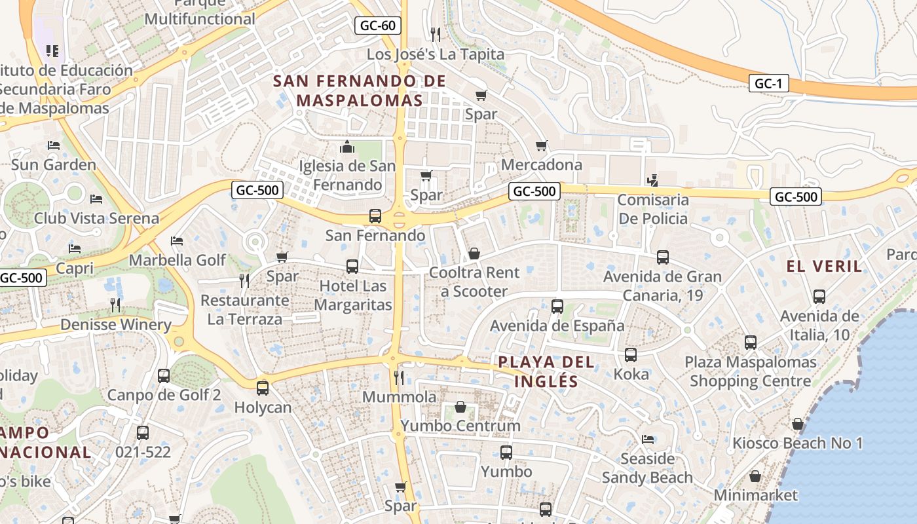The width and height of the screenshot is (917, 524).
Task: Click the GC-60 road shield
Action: click(x=378, y=26)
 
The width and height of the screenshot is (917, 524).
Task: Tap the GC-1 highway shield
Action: click(x=769, y=84)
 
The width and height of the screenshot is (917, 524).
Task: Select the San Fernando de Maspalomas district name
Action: click(x=359, y=91)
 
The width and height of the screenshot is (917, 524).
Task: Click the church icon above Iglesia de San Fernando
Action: click(x=347, y=147)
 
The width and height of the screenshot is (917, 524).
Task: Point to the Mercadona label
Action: click(x=541, y=164)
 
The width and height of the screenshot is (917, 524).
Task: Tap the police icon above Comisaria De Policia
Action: click(x=652, y=180)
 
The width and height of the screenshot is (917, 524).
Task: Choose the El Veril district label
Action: click(x=825, y=266)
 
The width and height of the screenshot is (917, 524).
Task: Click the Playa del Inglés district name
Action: click(x=546, y=371)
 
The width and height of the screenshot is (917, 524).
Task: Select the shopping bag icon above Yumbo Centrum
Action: click(x=460, y=407)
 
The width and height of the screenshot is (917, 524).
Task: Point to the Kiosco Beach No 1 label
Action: click(x=797, y=443)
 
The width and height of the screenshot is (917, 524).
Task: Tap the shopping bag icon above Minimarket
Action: click(x=755, y=476)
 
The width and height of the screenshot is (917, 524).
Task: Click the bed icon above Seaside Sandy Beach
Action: click(x=647, y=440)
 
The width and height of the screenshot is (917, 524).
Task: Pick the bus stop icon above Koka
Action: click(x=631, y=355)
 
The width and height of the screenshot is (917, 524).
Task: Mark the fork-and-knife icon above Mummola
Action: click(x=398, y=377)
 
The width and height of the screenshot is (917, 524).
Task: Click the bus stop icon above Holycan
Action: click(x=263, y=388)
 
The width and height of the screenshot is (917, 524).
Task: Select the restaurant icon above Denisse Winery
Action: click(x=115, y=305)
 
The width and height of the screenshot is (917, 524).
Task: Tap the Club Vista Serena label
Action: click(x=96, y=218)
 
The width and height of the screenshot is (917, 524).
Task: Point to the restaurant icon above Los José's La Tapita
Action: click(x=435, y=34)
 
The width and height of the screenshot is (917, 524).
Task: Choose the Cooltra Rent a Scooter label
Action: click(x=474, y=282)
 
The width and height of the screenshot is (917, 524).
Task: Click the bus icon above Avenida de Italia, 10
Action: click(x=819, y=297)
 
